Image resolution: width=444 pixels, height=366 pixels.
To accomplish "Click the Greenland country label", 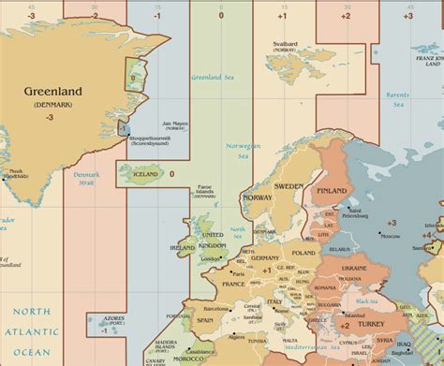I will (52, 92).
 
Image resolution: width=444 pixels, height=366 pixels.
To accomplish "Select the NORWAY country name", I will (258, 198).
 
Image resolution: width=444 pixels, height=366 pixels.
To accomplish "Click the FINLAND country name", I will (330, 191).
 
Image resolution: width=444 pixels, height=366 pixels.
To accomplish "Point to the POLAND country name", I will (303, 253).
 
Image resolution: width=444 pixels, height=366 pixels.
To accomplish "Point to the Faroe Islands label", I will (204, 198).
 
